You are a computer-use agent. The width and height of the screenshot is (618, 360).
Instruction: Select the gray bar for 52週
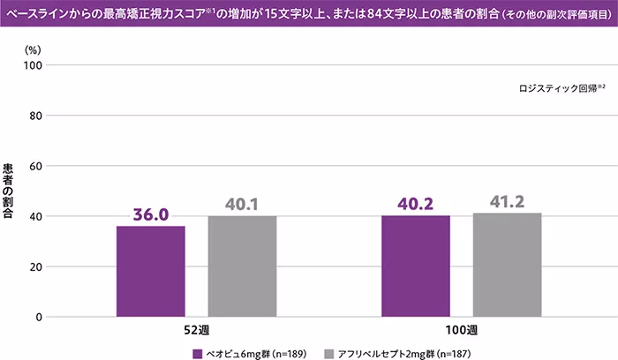(242, 266)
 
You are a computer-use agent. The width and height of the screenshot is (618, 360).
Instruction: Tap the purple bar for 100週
(416, 266)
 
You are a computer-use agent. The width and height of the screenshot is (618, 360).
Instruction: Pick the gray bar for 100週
(507, 265)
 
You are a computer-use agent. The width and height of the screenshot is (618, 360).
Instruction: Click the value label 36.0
(151, 214)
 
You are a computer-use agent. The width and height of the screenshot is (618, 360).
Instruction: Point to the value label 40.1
(242, 205)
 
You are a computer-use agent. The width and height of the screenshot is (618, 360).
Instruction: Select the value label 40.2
(416, 204)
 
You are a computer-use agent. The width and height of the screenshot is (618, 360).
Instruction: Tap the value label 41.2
(507, 201)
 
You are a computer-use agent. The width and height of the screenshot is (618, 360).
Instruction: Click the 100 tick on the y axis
(33, 65)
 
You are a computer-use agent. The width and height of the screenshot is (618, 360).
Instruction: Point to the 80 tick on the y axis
(35, 116)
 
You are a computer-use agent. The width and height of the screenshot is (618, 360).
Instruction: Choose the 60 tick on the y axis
(35, 166)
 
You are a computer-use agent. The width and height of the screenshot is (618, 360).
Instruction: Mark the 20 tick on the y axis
(35, 266)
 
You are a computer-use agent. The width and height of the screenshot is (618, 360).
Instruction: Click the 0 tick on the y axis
(39, 317)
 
